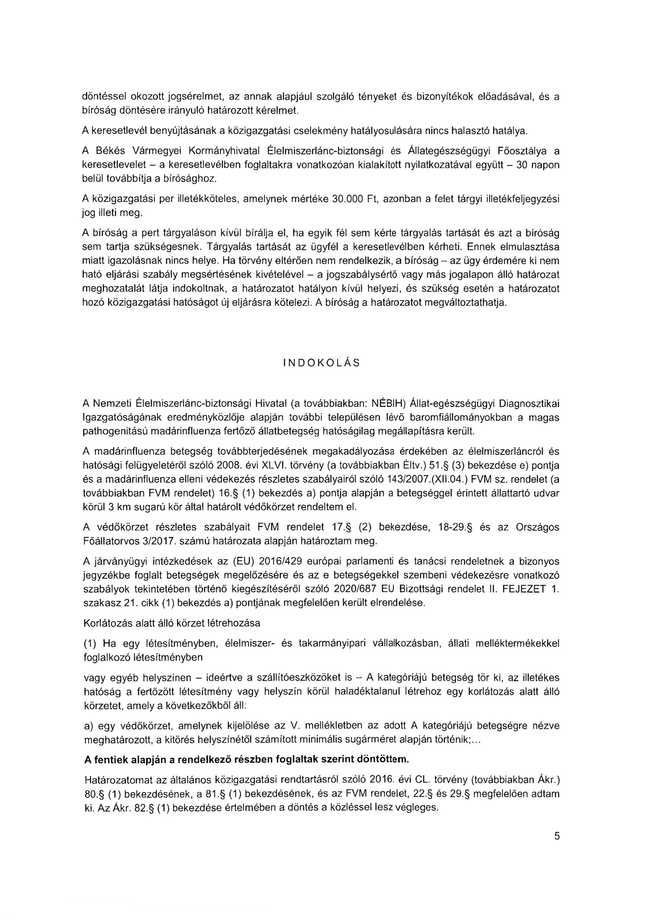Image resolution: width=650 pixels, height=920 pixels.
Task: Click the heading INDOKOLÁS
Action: pos(321,363)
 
